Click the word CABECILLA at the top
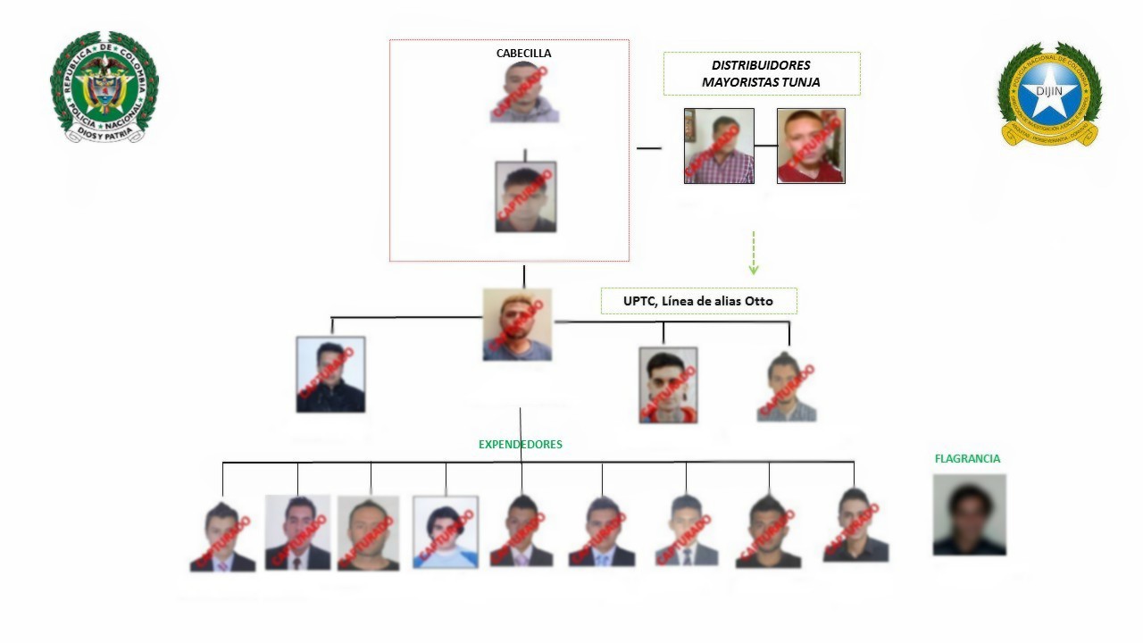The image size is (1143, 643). pos(523,54)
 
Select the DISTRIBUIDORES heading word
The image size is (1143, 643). pos(761,65)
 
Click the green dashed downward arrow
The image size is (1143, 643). pos(754,254)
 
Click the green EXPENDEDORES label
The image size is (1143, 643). pos(521,444)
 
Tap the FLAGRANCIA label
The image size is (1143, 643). pos(967,459)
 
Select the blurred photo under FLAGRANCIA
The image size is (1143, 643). pos(969,514)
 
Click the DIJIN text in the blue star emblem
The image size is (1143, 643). pos(1050,90)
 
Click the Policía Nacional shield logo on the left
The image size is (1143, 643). pos(104,87)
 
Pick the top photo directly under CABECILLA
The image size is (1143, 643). pos(524,92)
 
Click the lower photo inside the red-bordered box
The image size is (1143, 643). pos(525,197)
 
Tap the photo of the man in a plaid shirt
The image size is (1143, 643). pos(719,146)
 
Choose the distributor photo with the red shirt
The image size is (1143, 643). pos(811,146)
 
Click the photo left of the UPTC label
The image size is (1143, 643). pos(517,325)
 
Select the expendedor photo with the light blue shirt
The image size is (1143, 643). pos(445,532)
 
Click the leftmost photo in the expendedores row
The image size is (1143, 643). pos(222,537)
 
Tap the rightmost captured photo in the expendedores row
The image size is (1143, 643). pos(855,526)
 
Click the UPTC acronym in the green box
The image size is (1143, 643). pos(639,302)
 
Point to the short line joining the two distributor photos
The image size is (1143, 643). pos(765,145)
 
